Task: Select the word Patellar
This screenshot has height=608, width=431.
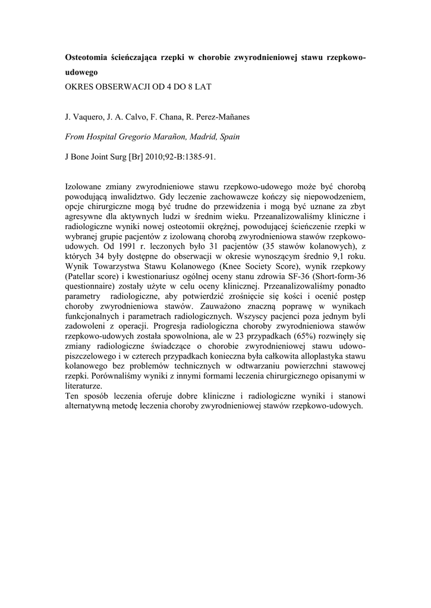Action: click(x=83, y=273)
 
